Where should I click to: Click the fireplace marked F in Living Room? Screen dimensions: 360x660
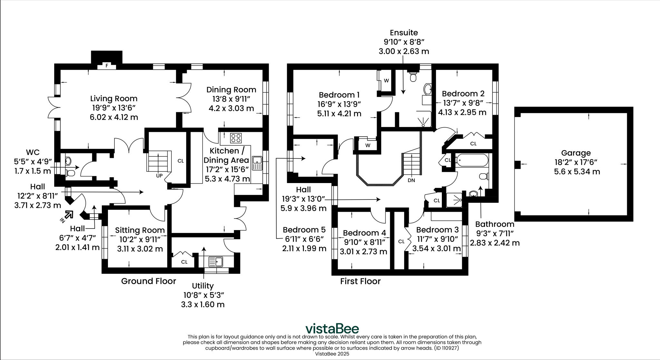pos(107,66)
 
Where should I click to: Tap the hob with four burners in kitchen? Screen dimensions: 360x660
pos(236,138)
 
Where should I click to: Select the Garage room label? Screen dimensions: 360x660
pos(576,153)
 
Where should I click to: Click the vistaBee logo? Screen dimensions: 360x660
pos(332,329)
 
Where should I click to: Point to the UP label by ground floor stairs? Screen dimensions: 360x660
pos(159,176)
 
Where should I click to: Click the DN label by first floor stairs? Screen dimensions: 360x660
pos(411,180)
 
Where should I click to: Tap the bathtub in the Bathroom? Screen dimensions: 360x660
pos(471,160)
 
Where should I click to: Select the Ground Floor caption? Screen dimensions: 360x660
pos(149,281)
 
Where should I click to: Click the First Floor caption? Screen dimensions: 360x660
pos(360,281)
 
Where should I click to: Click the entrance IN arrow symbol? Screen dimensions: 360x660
pos(67,216)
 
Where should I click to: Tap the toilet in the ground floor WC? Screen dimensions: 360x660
pos(71,173)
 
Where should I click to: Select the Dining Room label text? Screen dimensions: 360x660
pos(231,90)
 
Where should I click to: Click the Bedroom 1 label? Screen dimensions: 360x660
pos(339,95)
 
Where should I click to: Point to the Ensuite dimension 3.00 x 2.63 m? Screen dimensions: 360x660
pos(403,51)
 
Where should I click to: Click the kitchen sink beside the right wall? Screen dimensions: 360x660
pos(257,163)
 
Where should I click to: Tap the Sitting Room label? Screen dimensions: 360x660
pos(140,230)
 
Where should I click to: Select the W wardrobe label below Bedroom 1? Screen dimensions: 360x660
pos(368,145)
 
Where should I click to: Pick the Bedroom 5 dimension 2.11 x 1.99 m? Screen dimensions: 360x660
pos(304,248)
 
